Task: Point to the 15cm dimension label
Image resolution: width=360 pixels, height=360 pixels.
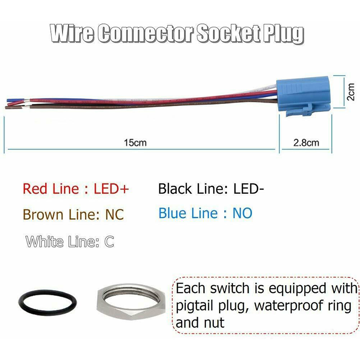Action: coord(135,143)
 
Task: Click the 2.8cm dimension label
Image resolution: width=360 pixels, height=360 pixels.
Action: coord(306,143)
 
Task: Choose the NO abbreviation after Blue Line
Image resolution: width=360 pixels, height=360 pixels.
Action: coord(242,213)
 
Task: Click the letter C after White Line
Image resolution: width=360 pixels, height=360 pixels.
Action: coord(109,242)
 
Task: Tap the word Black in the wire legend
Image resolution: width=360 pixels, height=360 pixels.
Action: coord(176,189)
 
